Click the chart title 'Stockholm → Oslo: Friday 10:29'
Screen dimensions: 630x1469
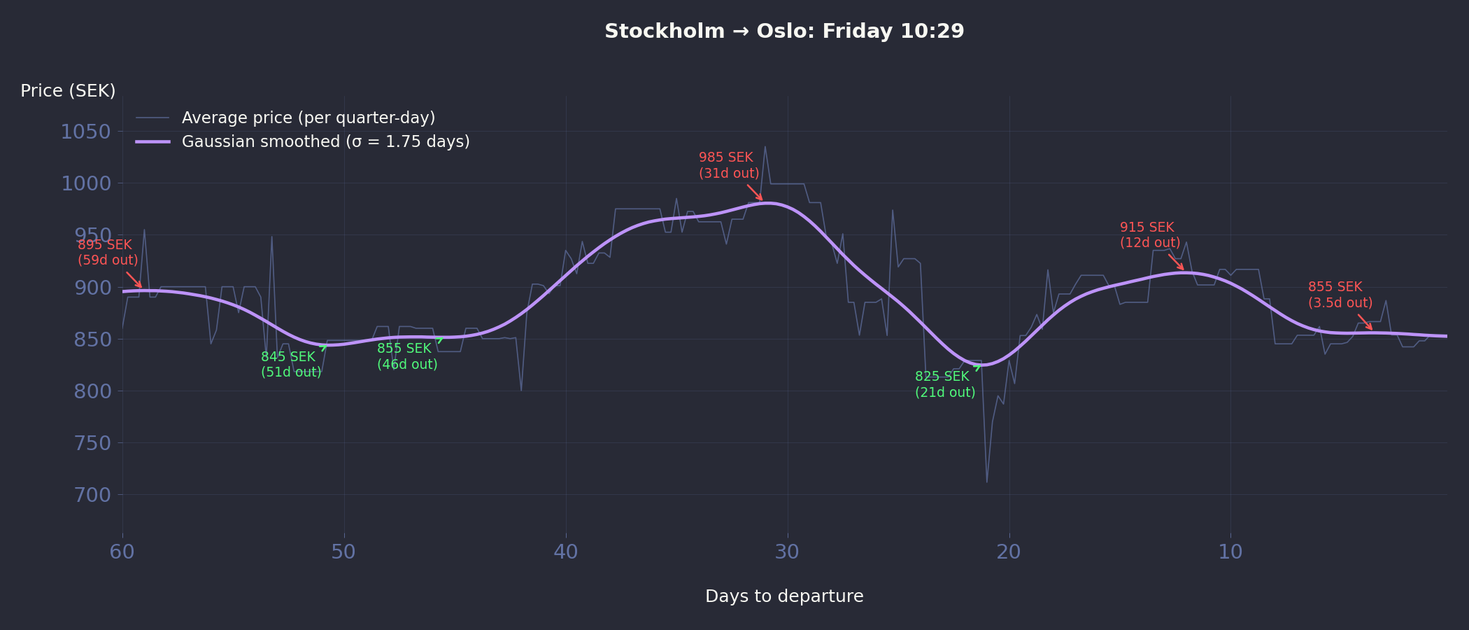point(784,31)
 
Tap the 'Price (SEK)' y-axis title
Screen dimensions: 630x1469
point(68,91)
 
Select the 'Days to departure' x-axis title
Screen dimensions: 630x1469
point(784,596)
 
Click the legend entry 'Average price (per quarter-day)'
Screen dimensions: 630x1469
point(308,118)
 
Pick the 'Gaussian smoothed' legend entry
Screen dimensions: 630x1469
point(325,141)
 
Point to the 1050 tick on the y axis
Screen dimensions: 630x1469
point(86,132)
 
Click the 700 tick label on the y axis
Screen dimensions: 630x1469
point(92,495)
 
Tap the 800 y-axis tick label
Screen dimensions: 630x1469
point(92,391)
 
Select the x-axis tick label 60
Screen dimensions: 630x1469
point(122,552)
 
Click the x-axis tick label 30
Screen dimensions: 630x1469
point(787,552)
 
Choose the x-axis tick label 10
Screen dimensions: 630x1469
point(1230,552)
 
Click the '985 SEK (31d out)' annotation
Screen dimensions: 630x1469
point(728,165)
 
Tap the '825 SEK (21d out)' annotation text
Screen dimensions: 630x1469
point(944,384)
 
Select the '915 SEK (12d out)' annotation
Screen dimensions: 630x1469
point(1149,235)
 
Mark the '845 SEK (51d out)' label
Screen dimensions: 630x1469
point(290,365)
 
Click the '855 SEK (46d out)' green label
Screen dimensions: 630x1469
point(406,356)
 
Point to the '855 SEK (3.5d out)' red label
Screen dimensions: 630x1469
point(1340,295)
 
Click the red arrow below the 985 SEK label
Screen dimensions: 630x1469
point(755,192)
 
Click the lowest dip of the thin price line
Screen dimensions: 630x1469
point(987,482)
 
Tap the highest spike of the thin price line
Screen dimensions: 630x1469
point(765,147)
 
